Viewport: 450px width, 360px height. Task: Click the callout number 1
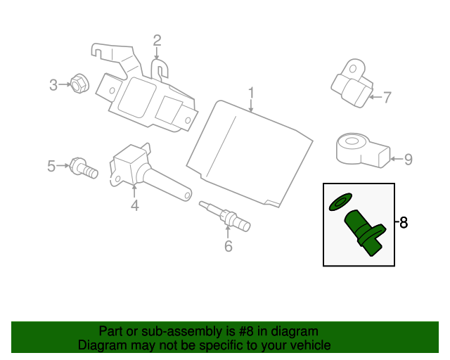251,93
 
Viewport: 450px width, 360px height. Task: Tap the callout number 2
157,41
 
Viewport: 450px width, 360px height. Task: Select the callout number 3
53,85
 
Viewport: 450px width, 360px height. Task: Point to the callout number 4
135,205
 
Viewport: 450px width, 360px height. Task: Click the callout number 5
51,166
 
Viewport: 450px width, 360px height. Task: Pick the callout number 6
228,246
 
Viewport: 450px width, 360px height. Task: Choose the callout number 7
387,97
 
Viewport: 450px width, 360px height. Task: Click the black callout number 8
404,222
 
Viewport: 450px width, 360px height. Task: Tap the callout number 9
408,159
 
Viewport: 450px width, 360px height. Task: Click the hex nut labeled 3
79,83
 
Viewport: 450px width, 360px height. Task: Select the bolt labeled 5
84,167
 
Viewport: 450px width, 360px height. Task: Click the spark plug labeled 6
225,216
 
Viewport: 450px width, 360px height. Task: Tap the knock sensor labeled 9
363,150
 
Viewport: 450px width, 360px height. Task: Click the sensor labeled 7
352,83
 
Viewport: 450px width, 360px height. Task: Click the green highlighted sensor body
365,232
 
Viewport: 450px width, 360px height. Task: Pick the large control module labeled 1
250,154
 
